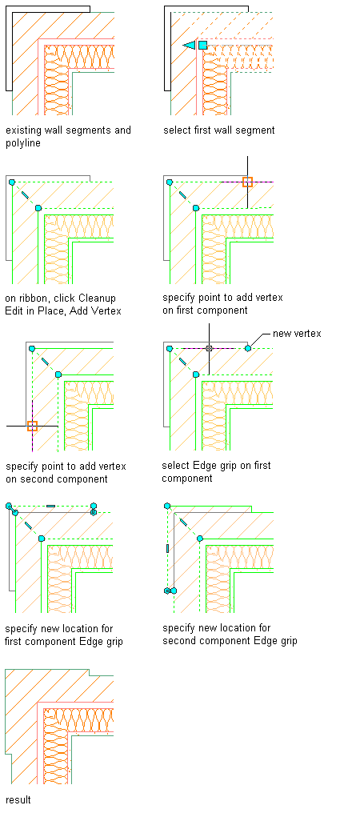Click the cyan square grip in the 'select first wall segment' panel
tap(203, 45)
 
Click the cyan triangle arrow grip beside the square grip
tap(190, 46)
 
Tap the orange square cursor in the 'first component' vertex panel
tap(247, 182)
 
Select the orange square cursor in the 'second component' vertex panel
tap(32, 426)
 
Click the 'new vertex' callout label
tap(298, 334)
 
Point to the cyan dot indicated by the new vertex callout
tap(248, 348)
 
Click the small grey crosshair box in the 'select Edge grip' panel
tap(209, 348)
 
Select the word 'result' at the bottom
tap(18, 799)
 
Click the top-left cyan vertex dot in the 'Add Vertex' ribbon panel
tap(11, 182)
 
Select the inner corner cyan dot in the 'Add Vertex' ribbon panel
tap(38, 208)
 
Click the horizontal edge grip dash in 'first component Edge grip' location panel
tap(50, 506)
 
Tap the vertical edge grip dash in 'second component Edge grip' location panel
tap(167, 548)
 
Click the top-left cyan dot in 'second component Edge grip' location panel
tap(167, 506)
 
